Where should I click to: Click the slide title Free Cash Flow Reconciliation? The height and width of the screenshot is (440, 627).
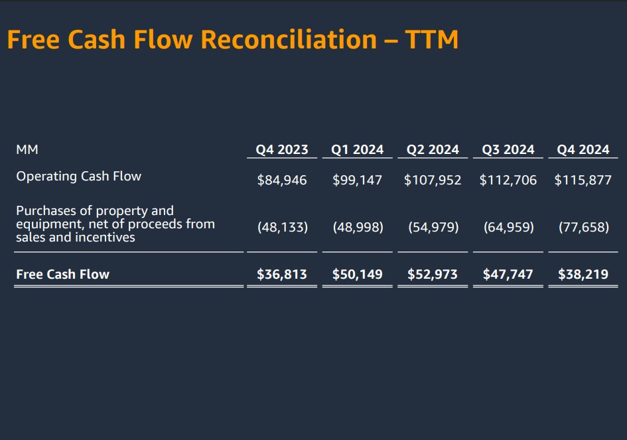[232, 40]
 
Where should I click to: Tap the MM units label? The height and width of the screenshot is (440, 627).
[27, 150]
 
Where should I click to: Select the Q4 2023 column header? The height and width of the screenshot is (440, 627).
[282, 150]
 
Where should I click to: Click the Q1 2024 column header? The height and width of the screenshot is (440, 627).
[357, 150]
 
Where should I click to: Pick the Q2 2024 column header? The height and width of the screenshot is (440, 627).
[433, 150]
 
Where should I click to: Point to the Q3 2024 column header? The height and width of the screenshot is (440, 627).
[508, 150]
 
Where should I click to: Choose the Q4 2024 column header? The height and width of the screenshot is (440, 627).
[583, 150]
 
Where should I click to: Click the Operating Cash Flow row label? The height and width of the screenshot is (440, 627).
[78, 177]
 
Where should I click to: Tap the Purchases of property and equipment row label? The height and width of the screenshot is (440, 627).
[115, 224]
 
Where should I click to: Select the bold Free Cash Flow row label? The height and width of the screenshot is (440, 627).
[62, 274]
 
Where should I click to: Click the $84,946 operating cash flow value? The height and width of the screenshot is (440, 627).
[282, 180]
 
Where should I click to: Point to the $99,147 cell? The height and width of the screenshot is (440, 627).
[357, 180]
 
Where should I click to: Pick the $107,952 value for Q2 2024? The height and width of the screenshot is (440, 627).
[433, 180]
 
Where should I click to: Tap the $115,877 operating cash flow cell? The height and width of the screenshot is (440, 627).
[583, 180]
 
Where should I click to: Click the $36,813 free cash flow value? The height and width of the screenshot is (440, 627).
[282, 274]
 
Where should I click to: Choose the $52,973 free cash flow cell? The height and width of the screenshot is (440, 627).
[433, 274]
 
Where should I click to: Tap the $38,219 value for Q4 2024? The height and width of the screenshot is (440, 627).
[583, 274]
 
